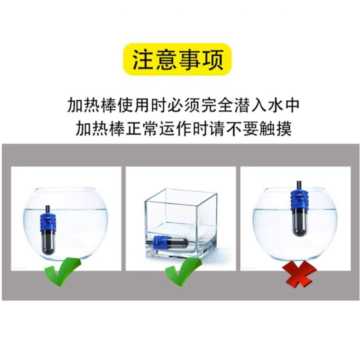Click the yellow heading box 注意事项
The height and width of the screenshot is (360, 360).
click(178, 59)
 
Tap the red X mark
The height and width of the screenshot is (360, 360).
click(299, 274)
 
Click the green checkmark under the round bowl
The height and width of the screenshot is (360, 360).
click(63, 272)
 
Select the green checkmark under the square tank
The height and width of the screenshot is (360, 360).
click(184, 272)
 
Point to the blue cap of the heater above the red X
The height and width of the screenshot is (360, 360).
click(298, 202)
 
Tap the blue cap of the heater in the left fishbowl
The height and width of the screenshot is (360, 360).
click(48, 222)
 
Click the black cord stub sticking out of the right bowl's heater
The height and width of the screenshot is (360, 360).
click(298, 185)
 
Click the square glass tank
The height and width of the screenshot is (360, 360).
click(180, 225)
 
